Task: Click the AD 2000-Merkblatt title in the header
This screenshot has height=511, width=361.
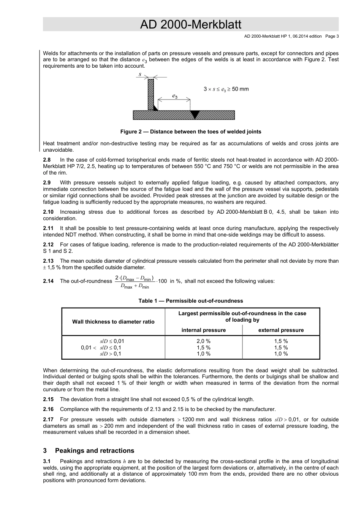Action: pyautogui.click(x=190, y=25)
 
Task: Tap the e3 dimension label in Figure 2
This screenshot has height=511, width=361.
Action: pyautogui.click(x=174, y=96)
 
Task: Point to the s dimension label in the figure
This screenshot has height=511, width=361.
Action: pyautogui.click(x=140, y=75)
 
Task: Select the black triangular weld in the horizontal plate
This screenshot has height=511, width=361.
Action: pyautogui.click(x=195, y=114)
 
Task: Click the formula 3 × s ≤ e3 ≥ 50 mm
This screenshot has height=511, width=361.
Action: pyautogui.click(x=226, y=89)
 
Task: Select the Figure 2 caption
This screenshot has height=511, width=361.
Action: pyautogui.click(x=190, y=132)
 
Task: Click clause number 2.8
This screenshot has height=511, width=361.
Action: pyautogui.click(x=47, y=160)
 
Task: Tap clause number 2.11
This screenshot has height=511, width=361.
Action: pyautogui.click(x=48, y=228)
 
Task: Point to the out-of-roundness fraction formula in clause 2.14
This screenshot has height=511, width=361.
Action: pyautogui.click(x=135, y=282)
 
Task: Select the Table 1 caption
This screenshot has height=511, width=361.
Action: pyautogui.click(x=190, y=301)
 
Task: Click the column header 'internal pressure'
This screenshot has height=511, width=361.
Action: pyautogui.click(x=203, y=330)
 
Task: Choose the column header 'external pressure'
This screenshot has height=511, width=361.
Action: pyautogui.click(x=281, y=330)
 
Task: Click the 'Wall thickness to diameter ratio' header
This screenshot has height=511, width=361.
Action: pyautogui.click(x=113, y=322)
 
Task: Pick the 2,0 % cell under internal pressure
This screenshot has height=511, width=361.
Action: pyautogui.click(x=203, y=341)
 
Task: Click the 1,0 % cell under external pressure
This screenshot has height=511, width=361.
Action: pyautogui.click(x=281, y=354)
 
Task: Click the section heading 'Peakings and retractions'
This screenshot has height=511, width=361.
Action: pyautogui.click(x=95, y=451)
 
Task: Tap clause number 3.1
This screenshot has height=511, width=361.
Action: pyautogui.click(x=47, y=462)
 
